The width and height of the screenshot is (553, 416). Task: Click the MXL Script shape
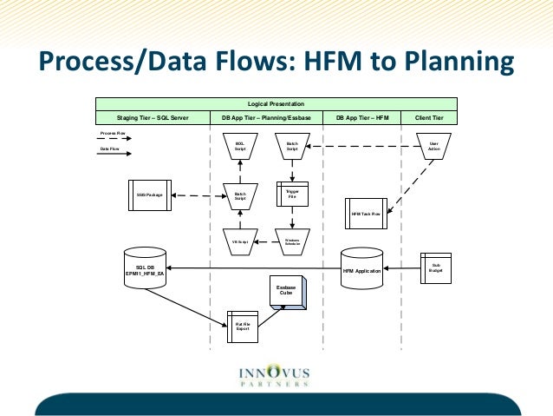pyautogui.click(x=240, y=147)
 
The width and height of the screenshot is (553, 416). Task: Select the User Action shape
pyautogui.click(x=433, y=147)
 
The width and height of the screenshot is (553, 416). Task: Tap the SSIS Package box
pyautogui.click(x=150, y=194)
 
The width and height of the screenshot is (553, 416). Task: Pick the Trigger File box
pyautogui.click(x=291, y=193)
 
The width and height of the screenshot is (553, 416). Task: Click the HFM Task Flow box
pyautogui.click(x=367, y=213)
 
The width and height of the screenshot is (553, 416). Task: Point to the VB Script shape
pyautogui.click(x=240, y=241)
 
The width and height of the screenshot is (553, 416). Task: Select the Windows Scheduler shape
pyautogui.click(x=292, y=241)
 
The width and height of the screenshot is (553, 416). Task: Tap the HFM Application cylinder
pyautogui.click(x=361, y=270)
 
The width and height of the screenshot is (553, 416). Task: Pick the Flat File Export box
pyautogui.click(x=243, y=327)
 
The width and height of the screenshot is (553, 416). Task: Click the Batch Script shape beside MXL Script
pyautogui.click(x=292, y=147)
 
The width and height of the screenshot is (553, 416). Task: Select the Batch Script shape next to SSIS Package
pyautogui.click(x=240, y=195)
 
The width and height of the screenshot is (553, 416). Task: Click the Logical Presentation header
pyautogui.click(x=276, y=104)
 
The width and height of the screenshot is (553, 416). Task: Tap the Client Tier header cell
pyautogui.click(x=429, y=116)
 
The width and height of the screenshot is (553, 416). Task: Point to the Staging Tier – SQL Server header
pyautogui.click(x=153, y=116)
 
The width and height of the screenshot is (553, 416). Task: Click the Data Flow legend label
pyautogui.click(x=110, y=149)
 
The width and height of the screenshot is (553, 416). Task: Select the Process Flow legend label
pyautogui.click(x=114, y=133)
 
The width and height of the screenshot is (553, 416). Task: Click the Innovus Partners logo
pyautogui.click(x=274, y=375)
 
